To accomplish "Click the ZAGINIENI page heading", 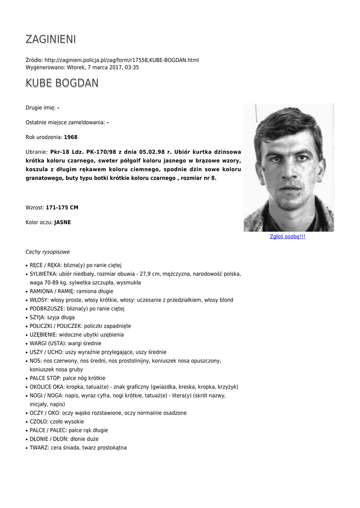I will (51, 39).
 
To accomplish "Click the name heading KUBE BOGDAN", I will (62, 83).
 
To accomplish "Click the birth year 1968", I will (71, 137).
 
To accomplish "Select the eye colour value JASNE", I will (63, 222).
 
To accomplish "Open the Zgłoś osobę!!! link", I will (288, 237).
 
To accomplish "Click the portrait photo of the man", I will (288, 167).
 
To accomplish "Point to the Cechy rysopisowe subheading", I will (48, 252).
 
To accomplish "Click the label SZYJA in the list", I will (37, 317).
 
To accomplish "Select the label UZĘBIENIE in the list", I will (43, 334).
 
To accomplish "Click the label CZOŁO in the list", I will (39, 421).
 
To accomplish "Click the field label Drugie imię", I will (40, 108).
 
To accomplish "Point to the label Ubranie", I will (36, 152).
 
